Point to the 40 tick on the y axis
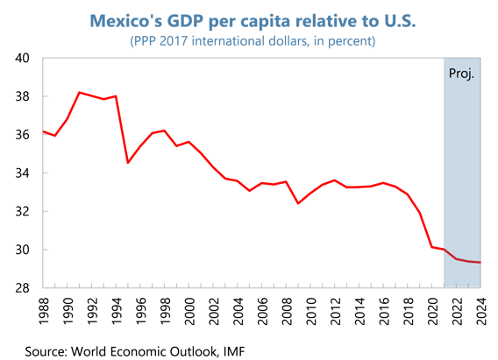coord(23,58)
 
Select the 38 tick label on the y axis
coord(23,96)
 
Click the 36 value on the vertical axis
coord(23,135)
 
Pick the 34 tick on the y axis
coord(23,173)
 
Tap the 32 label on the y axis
coord(23,211)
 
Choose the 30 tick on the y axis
coord(23,250)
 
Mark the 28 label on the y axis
coord(23,288)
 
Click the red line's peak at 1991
coord(79,92)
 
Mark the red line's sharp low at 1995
coord(128,163)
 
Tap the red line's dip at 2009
coord(298,203)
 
